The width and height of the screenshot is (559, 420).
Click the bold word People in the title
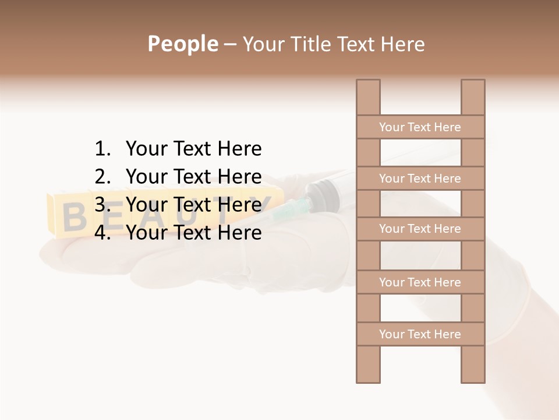(x=182, y=44)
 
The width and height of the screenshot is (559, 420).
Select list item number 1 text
(x=193, y=149)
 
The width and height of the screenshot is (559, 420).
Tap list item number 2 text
(x=193, y=177)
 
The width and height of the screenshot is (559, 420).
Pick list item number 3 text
(x=193, y=205)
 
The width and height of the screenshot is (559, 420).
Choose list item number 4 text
(x=193, y=233)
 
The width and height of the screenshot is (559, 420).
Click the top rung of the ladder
(x=420, y=127)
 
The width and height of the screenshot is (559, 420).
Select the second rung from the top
(x=420, y=178)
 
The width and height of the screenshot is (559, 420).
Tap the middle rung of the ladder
(x=420, y=229)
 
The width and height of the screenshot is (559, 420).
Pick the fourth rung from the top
(x=420, y=282)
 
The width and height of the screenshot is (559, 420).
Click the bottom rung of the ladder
(x=420, y=334)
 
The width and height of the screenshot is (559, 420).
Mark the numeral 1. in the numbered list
(x=102, y=149)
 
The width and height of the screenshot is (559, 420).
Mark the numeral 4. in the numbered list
(x=102, y=233)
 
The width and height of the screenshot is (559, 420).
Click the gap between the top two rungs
(x=420, y=153)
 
